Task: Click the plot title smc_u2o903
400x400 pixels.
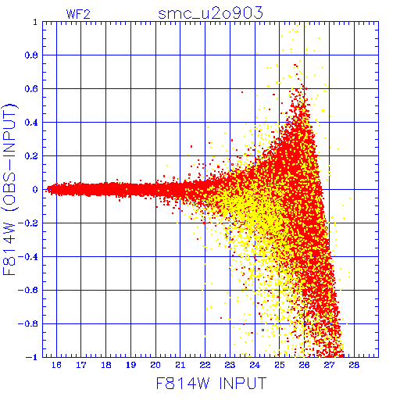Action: pos(210,13)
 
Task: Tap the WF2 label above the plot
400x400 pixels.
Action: pos(78,14)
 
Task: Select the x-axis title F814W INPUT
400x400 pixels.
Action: pos(211,383)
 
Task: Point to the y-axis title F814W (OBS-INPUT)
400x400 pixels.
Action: pos(9,190)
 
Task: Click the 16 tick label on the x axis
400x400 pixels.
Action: pos(56,365)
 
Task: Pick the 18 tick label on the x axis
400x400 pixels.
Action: pos(106,365)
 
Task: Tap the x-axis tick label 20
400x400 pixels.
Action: pos(155,365)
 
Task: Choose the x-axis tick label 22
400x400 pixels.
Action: pos(205,365)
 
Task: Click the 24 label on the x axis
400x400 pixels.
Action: pos(255,365)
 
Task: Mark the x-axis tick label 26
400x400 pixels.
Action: pos(304,365)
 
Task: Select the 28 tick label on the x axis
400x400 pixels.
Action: pos(354,365)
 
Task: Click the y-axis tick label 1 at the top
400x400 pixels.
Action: pos(35,22)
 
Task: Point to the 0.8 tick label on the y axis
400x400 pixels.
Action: pos(31,55)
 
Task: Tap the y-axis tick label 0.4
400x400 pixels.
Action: pos(31,123)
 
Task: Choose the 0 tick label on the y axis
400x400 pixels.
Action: pos(35,190)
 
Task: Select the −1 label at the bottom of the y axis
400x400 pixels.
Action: pos(32,357)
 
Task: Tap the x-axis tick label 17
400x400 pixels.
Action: pos(81,365)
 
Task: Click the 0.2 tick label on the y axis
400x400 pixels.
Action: pos(31,156)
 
